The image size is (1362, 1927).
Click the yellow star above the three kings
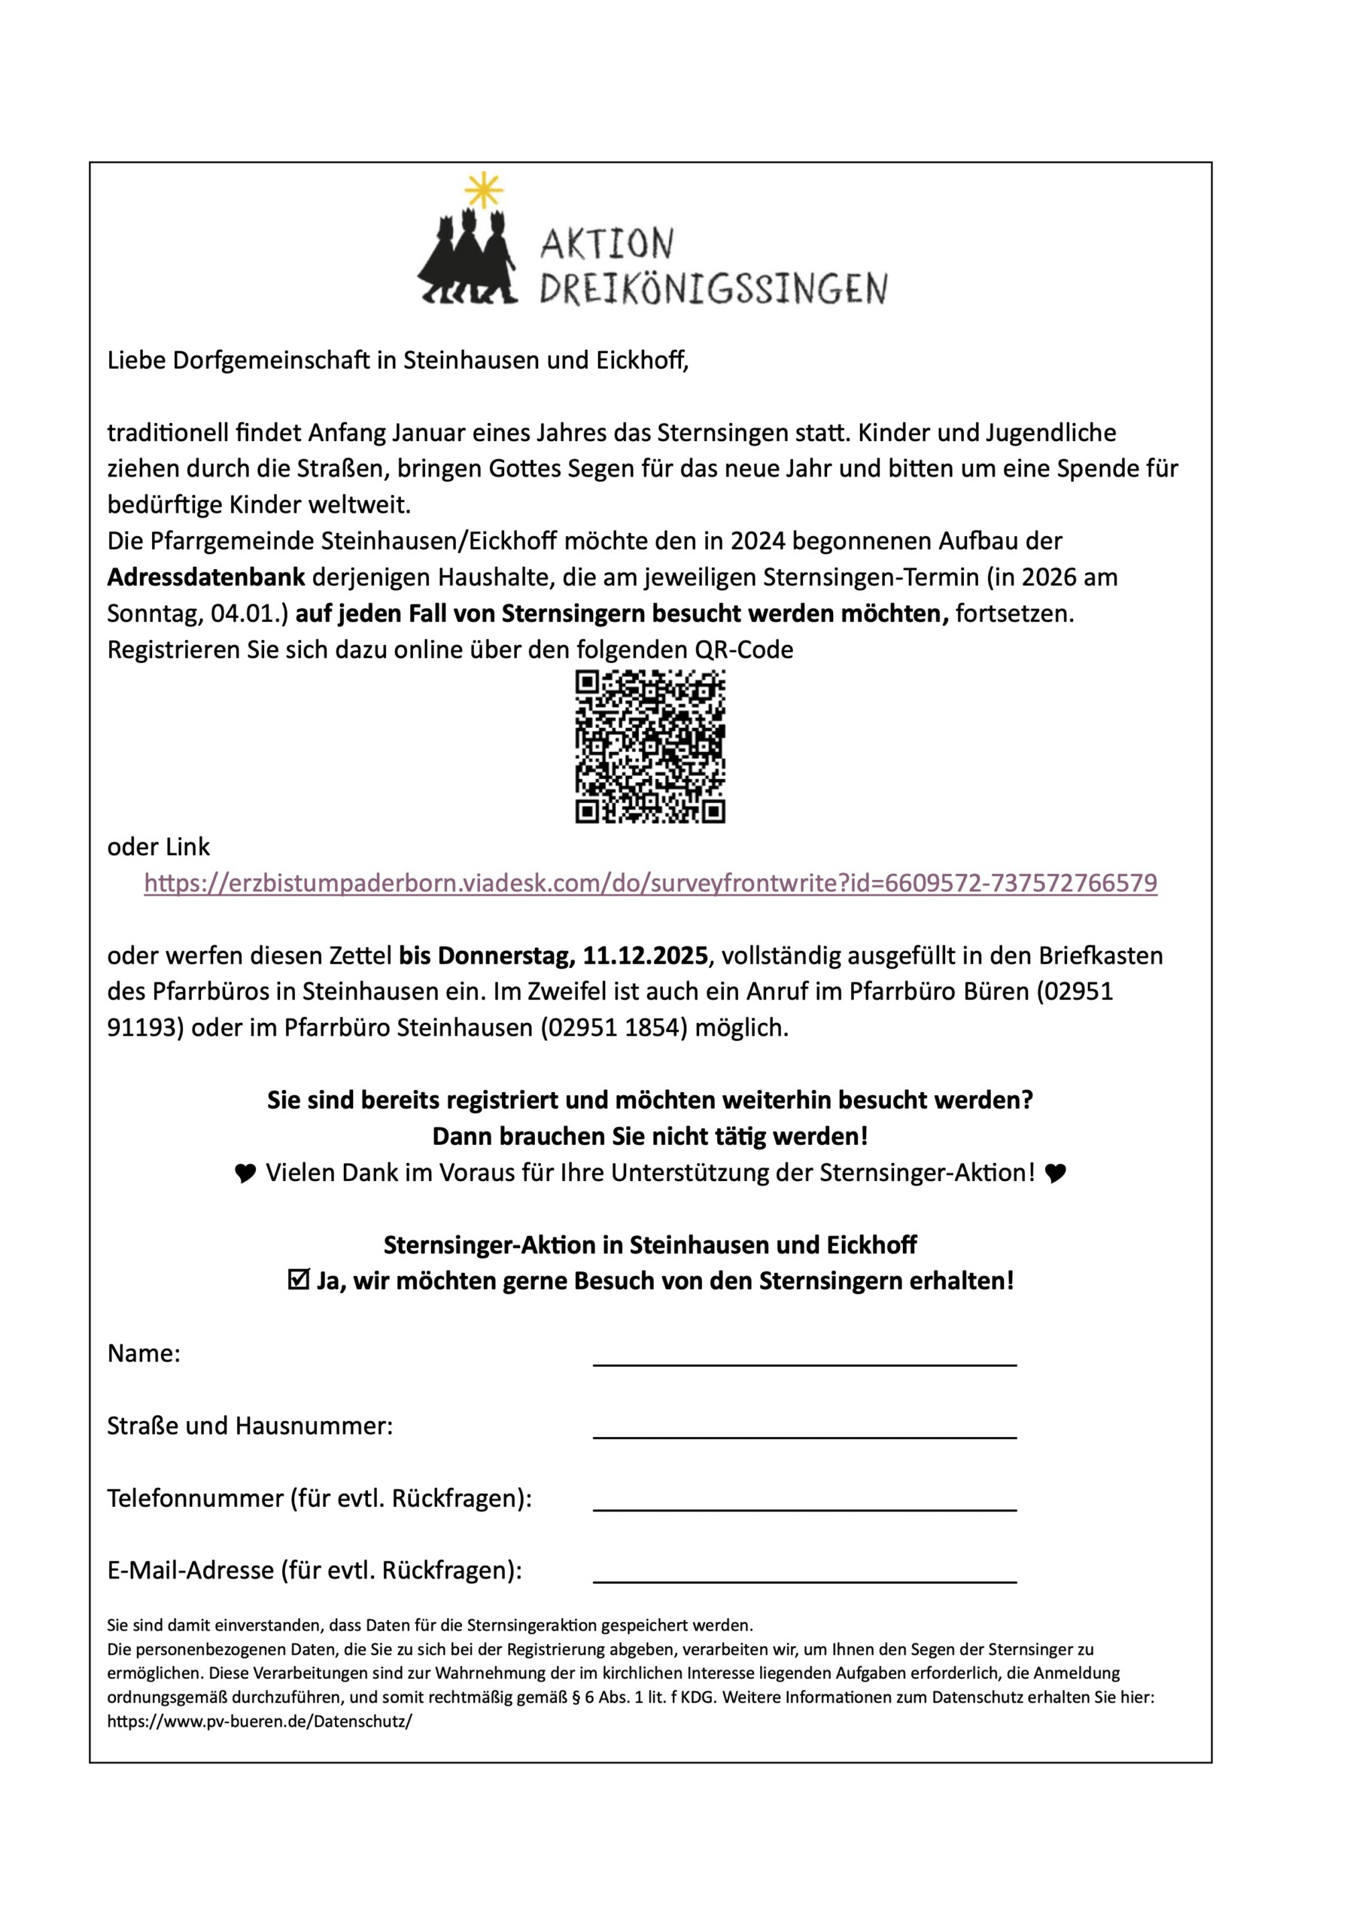point(484,190)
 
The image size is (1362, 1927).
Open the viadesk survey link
point(650,883)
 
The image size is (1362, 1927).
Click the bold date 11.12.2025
point(646,955)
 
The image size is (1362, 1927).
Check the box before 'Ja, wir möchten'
point(298,1280)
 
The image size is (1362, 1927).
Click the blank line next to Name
point(804,1356)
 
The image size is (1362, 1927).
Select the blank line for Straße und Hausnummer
point(804,1428)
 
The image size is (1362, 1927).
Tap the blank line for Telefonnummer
point(804,1499)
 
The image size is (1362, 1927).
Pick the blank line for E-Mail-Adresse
point(804,1572)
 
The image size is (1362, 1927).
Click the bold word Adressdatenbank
point(205,577)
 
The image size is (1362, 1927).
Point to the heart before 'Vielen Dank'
point(245,1174)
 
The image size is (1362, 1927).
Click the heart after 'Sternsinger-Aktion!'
point(1055,1174)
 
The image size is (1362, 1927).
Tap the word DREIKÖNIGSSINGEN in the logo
point(713,289)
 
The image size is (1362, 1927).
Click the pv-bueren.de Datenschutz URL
point(260,1722)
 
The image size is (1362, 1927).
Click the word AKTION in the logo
point(607,244)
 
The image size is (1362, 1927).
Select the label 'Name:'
point(144,1353)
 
